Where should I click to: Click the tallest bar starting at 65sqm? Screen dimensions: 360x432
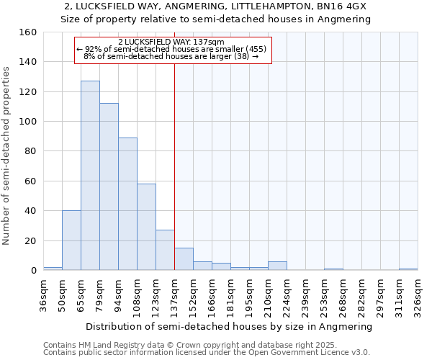point(90,176)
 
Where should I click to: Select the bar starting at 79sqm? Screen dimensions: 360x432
point(109,186)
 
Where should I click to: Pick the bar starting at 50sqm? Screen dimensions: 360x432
point(71,240)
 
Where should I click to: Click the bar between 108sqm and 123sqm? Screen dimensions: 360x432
point(146,227)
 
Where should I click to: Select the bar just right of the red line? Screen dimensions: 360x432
point(184,259)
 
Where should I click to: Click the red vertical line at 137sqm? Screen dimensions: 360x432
point(174,144)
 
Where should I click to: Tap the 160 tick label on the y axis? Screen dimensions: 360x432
point(28,32)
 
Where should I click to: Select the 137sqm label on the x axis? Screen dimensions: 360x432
point(175,294)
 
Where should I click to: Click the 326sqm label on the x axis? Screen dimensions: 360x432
point(418,294)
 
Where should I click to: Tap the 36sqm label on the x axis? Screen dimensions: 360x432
point(44,294)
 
